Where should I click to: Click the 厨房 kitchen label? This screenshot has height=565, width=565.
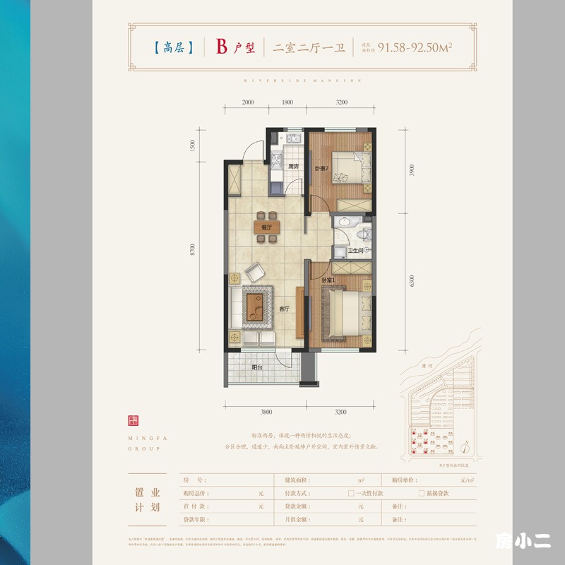(295, 166)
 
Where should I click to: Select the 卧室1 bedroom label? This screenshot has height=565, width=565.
(329, 280)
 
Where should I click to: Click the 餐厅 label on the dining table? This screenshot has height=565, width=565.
(266, 227)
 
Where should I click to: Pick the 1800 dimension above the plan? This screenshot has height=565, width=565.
(287, 102)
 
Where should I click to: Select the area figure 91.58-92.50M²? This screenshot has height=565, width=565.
(415, 48)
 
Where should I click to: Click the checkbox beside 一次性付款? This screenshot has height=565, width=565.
(350, 492)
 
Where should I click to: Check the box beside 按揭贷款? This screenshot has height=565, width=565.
(422, 492)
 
